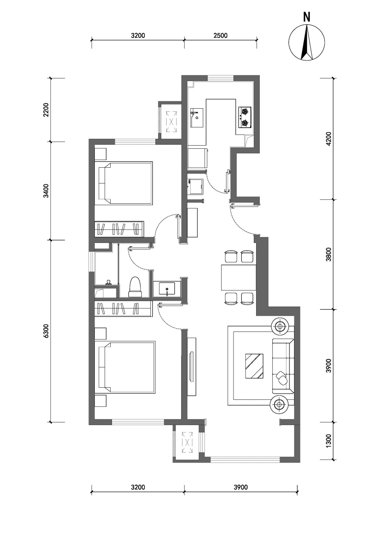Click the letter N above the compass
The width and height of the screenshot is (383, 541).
[x=307, y=18]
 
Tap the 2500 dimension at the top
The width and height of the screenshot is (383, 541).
[x=220, y=36]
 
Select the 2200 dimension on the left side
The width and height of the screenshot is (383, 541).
[x=46, y=110]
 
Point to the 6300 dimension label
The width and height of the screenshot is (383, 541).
[x=46, y=331]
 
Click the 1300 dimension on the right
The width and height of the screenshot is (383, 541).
[x=328, y=441]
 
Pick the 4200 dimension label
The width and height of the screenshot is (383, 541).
[x=328, y=139]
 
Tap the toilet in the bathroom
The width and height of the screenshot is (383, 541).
[x=135, y=287]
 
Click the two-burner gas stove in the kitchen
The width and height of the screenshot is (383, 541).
[x=245, y=117]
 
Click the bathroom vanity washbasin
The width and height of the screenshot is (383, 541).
[x=167, y=289]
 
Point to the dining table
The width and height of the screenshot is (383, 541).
[x=238, y=278]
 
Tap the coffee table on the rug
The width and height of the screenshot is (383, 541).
[x=254, y=367]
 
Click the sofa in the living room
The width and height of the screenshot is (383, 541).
[x=283, y=367]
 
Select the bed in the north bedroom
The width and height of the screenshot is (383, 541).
[x=123, y=183]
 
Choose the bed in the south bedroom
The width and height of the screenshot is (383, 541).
[x=125, y=367]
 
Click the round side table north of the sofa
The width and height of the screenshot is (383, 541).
[x=280, y=326]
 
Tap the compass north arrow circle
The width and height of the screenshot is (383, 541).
[x=307, y=42]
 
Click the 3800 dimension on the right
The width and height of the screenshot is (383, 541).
[x=328, y=254]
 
